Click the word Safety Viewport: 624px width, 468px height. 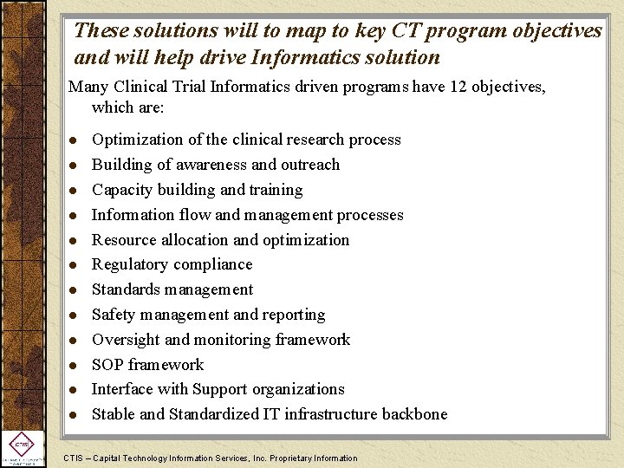click(x=114, y=315)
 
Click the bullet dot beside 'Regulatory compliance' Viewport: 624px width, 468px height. click(x=75, y=265)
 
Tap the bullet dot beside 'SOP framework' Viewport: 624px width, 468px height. click(x=75, y=366)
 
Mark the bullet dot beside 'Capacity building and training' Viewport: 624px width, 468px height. click(x=75, y=191)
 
